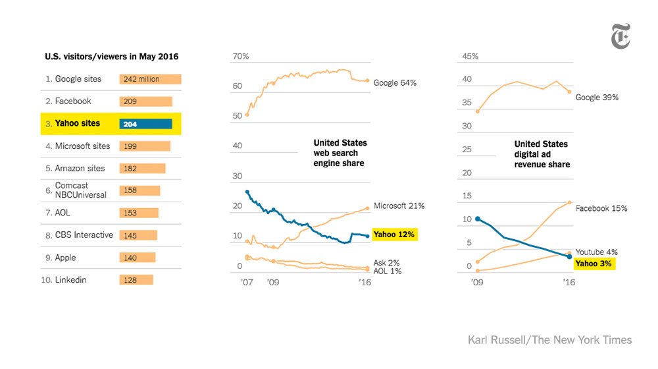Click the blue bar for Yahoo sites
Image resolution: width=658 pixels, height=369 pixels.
coord(145,123)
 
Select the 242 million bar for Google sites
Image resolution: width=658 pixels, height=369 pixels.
coord(150,79)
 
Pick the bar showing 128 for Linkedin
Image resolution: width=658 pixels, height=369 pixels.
coord(136,280)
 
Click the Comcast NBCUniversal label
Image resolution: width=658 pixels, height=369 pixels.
coord(73,190)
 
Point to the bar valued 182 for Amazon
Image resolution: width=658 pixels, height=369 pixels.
coord(142,169)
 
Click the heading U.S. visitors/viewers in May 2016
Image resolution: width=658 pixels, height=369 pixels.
coord(111,57)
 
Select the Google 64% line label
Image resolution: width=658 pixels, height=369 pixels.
coord(395,83)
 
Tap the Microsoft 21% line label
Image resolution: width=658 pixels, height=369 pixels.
coord(399,206)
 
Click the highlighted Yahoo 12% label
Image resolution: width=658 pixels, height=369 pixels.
coord(395,235)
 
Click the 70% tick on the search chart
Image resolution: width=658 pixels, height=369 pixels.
coord(241,57)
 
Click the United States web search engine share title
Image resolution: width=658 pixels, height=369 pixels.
coord(340,153)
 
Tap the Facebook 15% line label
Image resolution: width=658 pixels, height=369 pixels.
coord(601,208)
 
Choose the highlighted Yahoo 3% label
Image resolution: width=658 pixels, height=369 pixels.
coord(594,264)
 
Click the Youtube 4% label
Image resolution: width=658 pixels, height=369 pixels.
coord(597,252)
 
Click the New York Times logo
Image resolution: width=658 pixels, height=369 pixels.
coord(620,36)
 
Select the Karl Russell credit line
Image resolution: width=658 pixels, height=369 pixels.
coord(549,340)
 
